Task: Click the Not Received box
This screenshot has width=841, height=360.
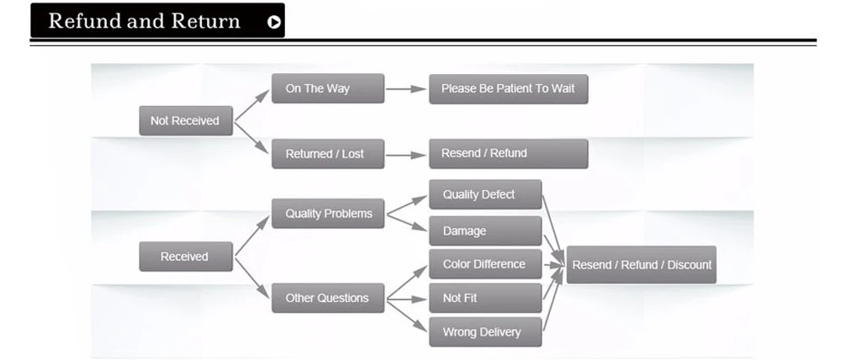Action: (x=185, y=121)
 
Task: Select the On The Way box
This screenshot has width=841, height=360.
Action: (x=327, y=88)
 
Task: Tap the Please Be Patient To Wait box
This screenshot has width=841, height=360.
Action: (x=508, y=88)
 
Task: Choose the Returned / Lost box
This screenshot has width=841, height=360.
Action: (x=327, y=154)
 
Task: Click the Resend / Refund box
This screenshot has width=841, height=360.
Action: (x=508, y=153)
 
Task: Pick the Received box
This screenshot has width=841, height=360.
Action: (x=185, y=257)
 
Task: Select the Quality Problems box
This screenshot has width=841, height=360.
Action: (x=328, y=214)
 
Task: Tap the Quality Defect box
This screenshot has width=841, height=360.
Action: (x=485, y=194)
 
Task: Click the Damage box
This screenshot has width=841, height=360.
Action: (x=485, y=230)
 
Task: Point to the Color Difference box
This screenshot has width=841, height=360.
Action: (x=485, y=264)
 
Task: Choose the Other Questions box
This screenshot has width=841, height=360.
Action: (x=327, y=298)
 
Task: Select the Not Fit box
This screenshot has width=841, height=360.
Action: (x=485, y=298)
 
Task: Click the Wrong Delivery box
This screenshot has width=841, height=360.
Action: (x=485, y=331)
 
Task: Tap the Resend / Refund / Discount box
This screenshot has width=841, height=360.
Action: (x=641, y=264)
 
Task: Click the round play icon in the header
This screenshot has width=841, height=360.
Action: (x=274, y=22)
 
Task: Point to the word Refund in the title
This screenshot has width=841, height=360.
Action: (x=85, y=21)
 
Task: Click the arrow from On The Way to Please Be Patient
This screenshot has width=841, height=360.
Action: (x=406, y=88)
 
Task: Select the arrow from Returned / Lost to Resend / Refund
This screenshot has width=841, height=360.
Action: (x=406, y=154)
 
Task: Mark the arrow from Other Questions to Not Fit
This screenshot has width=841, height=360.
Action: (x=406, y=298)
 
